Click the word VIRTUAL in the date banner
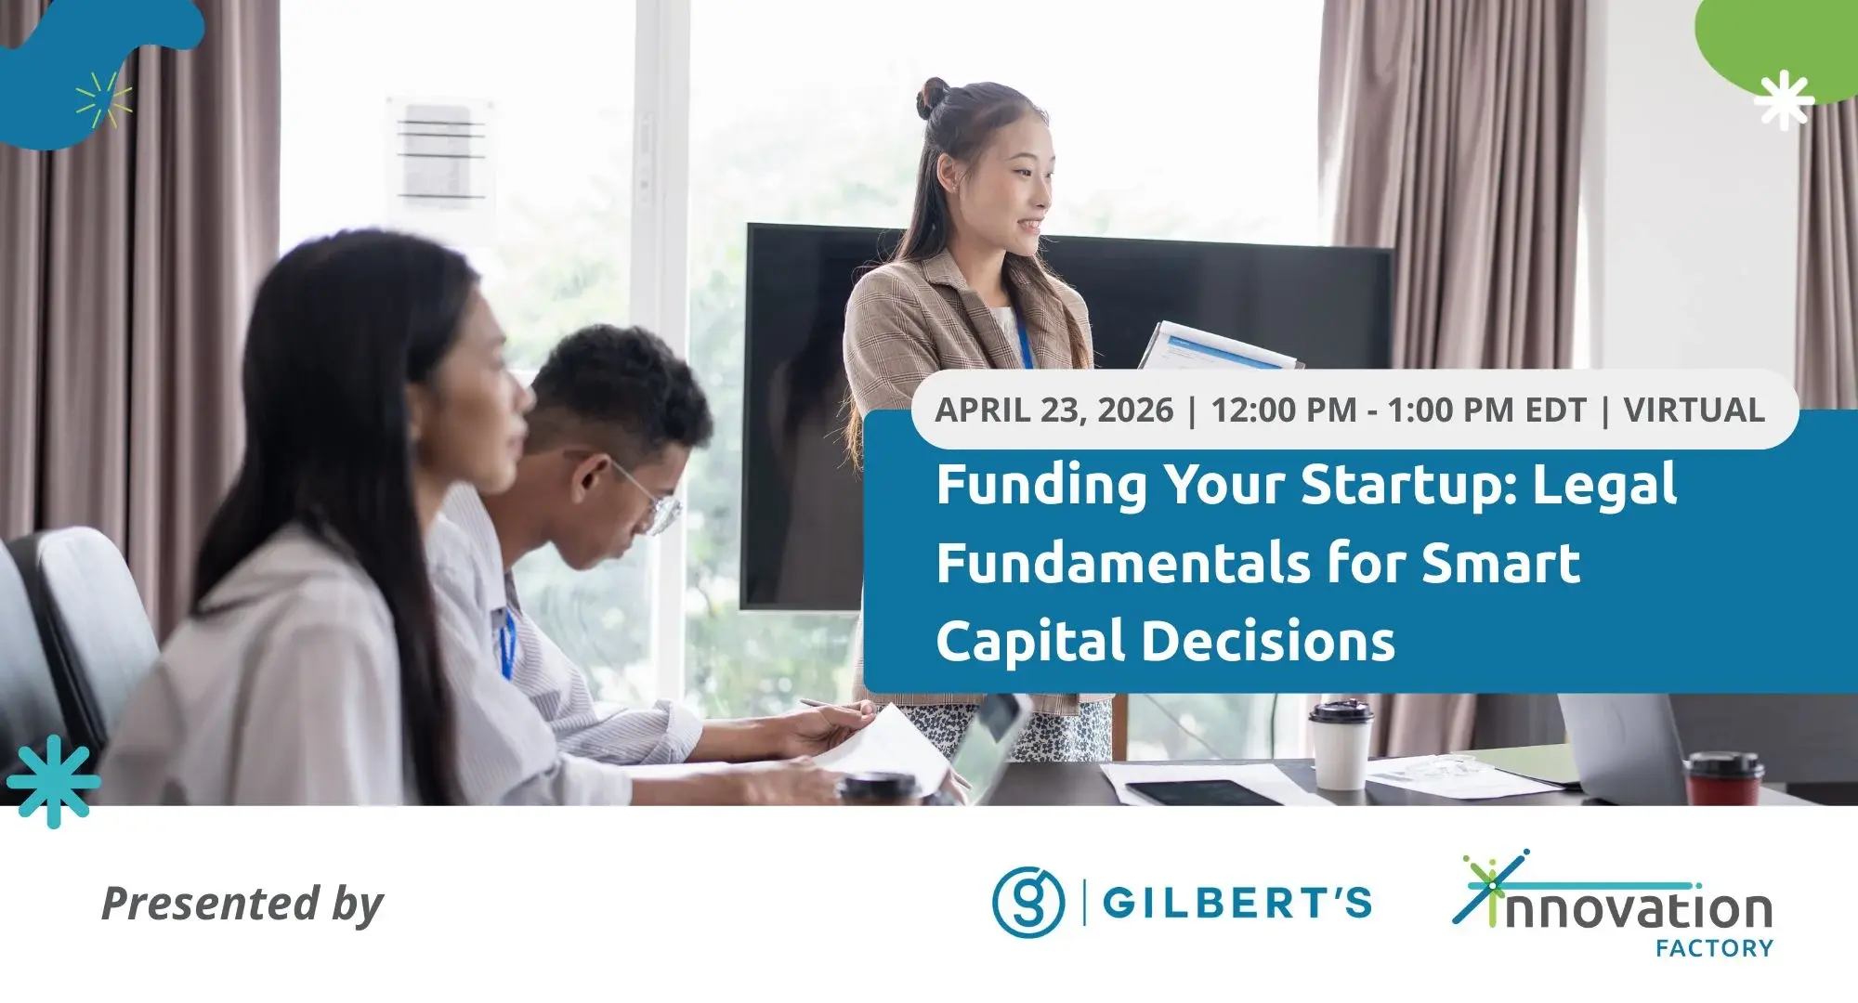[1694, 410]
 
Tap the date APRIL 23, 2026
[1053, 410]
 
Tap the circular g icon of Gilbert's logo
[1028, 902]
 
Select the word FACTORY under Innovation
[1714, 948]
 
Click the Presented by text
[242, 904]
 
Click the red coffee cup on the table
[1723, 777]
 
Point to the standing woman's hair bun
[933, 97]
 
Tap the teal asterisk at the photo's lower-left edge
[52, 781]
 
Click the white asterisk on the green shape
[1784, 99]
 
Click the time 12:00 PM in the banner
[1285, 410]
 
